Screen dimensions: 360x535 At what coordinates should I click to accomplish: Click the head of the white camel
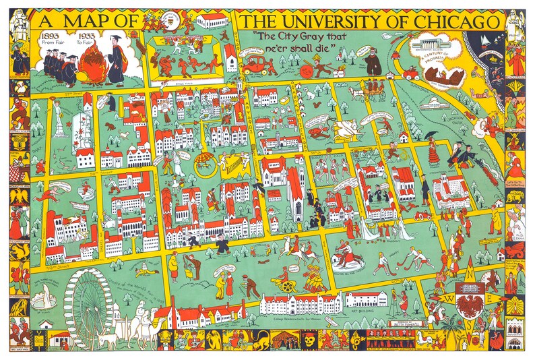(159, 311)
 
